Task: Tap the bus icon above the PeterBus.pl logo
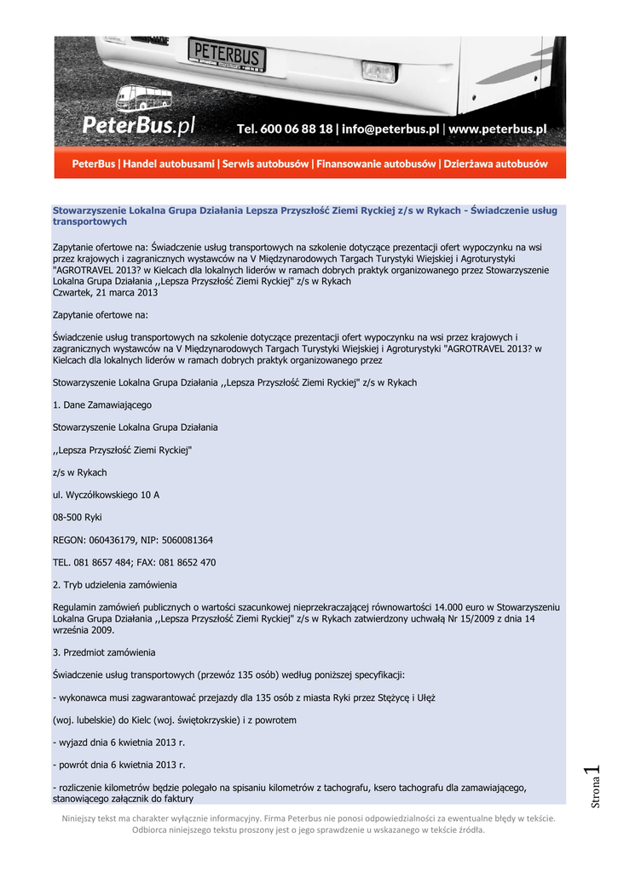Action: coord(142,99)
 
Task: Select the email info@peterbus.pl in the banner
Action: coord(390,129)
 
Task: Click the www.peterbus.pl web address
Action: coord(497,129)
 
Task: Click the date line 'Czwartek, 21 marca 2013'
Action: coord(106,292)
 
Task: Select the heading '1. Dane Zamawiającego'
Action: coord(102,405)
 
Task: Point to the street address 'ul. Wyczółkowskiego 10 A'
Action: coord(107,495)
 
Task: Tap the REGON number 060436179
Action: coord(117,540)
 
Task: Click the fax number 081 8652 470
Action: coord(188,562)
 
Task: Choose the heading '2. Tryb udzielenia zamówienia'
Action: coord(115,585)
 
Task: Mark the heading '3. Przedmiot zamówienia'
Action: coord(104,652)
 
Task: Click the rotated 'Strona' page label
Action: coord(597,792)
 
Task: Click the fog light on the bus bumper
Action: coord(378,72)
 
